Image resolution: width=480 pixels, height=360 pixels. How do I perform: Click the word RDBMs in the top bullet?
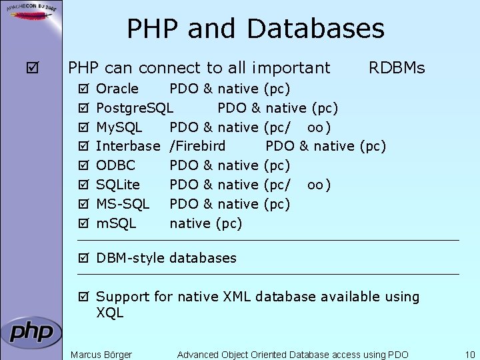tap(397, 68)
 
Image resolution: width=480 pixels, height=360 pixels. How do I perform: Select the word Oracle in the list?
tap(117, 89)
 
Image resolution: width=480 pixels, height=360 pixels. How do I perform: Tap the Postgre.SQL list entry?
tap(135, 108)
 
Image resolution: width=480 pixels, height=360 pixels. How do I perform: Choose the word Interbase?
tap(128, 146)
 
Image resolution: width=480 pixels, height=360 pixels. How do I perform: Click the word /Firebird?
tap(197, 146)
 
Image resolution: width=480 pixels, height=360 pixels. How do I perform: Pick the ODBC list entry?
tap(115, 165)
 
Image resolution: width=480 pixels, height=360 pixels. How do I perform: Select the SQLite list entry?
tap(119, 185)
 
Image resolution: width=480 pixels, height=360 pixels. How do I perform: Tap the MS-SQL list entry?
tap(123, 203)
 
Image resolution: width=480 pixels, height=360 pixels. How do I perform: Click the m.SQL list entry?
tap(116, 223)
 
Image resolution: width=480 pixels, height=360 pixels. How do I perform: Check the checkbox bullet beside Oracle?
tap(83, 89)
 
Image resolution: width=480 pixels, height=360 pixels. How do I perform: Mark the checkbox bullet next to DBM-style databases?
tap(83, 258)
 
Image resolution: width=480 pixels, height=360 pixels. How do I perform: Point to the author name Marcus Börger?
tap(101, 355)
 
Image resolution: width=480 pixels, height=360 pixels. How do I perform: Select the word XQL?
tap(110, 313)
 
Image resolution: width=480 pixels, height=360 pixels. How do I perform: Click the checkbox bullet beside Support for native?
tap(83, 297)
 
